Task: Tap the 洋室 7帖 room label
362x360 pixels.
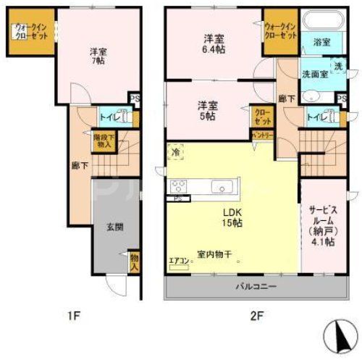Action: [99, 57]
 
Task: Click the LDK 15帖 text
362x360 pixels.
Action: [232, 218]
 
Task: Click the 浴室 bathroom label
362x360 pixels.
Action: [322, 43]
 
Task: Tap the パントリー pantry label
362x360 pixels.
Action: [262, 135]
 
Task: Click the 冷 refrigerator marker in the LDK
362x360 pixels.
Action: [176, 152]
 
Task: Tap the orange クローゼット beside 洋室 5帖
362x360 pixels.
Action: [261, 116]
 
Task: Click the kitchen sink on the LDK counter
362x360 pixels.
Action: [219, 188]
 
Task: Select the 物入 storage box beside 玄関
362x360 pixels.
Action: [135, 261]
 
